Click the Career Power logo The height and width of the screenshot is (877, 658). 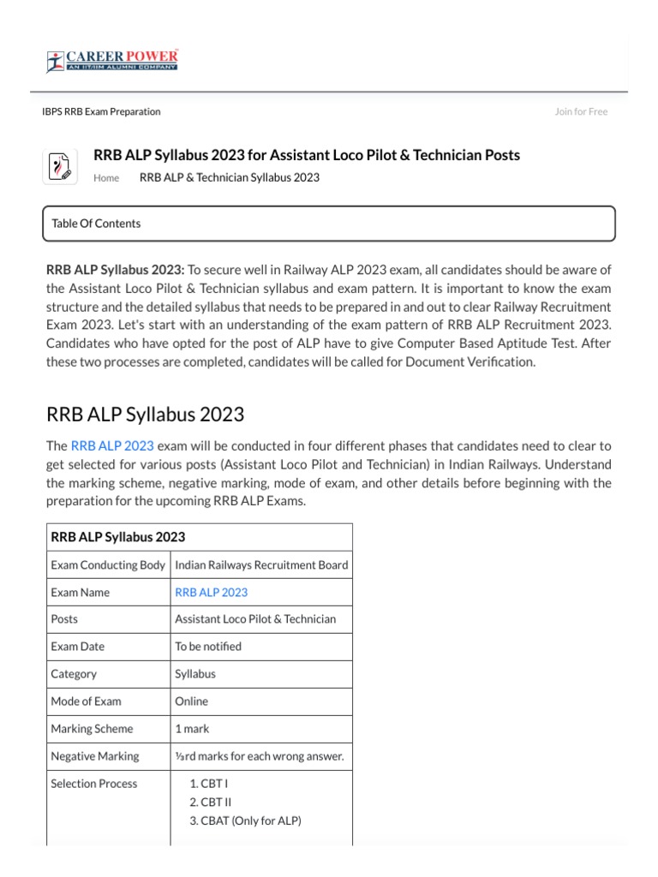pos(112,61)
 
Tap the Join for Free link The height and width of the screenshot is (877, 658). pos(581,111)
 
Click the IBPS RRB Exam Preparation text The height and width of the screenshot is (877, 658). pos(101,111)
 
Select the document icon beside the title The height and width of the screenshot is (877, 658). pos(61,165)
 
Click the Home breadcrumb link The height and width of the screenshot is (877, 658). pos(106,178)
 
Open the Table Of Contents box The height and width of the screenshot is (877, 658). pos(328,224)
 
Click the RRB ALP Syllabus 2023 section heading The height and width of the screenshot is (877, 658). pos(145,415)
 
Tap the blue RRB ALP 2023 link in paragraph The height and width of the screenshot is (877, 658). pos(112,445)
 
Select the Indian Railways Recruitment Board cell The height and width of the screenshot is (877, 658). pos(261,564)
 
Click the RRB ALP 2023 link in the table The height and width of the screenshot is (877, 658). pos(211,592)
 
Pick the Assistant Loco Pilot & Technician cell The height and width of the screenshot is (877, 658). pos(255,619)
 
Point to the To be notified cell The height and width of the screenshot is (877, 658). pos(208,647)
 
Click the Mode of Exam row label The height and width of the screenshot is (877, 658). pos(87,701)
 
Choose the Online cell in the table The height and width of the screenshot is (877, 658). pos(191,701)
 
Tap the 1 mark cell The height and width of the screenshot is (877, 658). pos(192,729)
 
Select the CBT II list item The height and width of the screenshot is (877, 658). pos(216,802)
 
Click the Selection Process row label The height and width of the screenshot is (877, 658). pos(93,784)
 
